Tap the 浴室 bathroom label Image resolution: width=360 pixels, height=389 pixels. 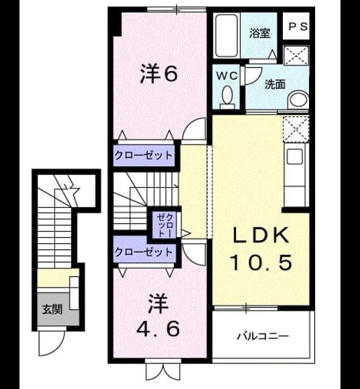pos(260,33)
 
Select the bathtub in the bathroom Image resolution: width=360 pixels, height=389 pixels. pos(226,35)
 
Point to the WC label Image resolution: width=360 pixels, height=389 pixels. pos(227,75)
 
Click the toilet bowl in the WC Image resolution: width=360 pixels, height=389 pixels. pos(228,97)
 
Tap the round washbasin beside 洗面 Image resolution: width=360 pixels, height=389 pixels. pos(298,100)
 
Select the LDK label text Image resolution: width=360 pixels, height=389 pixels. pos(260,235)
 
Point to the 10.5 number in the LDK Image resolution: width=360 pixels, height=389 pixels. pos(261,263)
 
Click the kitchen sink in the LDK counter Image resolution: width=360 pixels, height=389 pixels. pos(294,156)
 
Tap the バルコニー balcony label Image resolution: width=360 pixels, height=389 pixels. pos(263,336)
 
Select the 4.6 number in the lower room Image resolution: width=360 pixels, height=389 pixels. pos(158,328)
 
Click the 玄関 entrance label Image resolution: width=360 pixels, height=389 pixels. pos(52,309)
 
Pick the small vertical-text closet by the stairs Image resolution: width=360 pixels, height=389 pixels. pos(165,225)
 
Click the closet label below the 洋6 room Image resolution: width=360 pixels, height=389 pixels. pos(143,156)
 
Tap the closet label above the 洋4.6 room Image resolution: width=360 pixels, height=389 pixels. pos(143,252)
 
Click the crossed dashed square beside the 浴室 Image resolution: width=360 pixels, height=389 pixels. pos(296,55)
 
